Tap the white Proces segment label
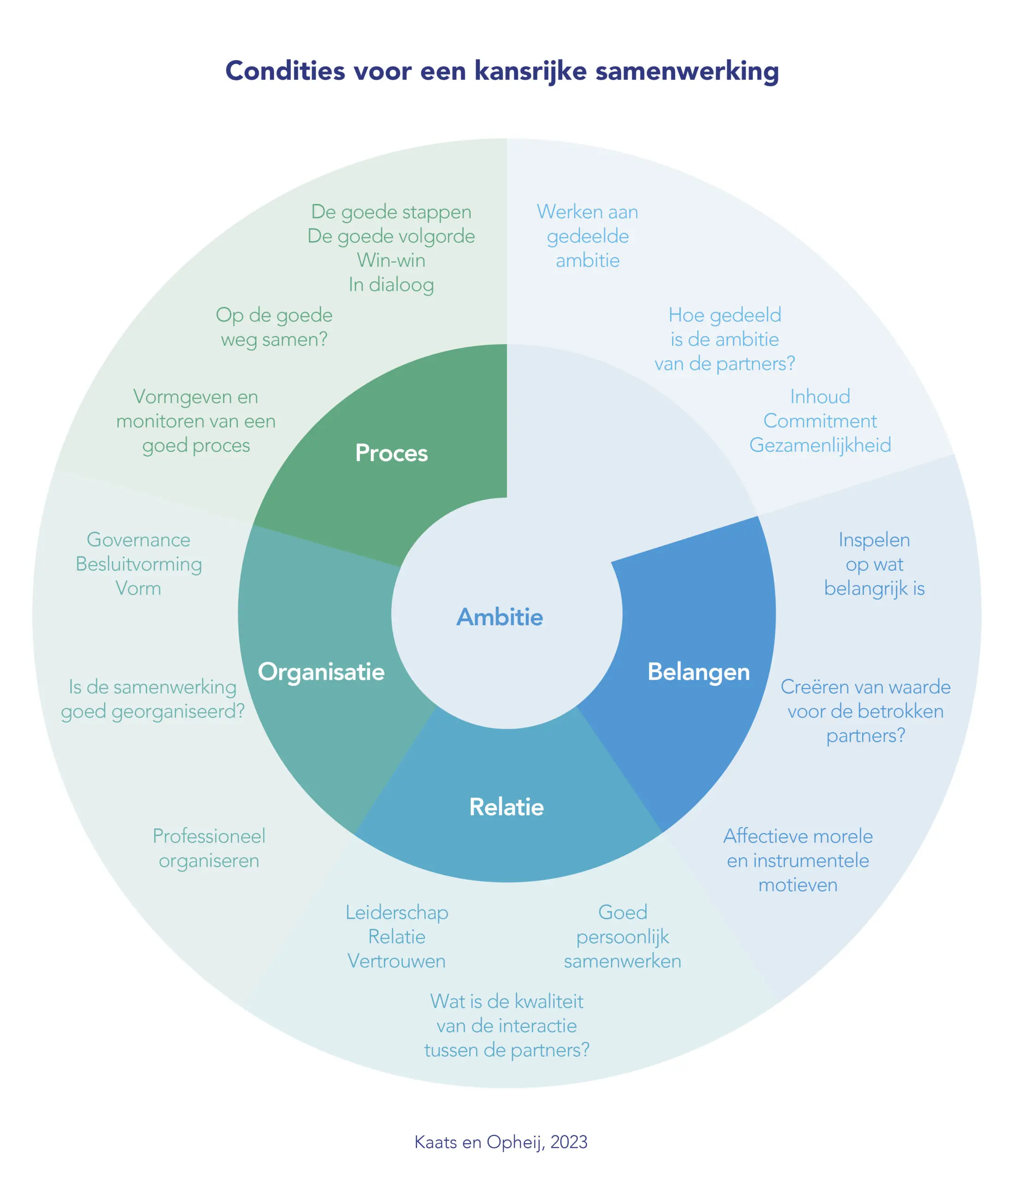pyautogui.click(x=391, y=453)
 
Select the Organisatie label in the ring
pyautogui.click(x=321, y=672)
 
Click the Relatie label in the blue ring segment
pyautogui.click(x=507, y=807)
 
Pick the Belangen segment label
pyautogui.click(x=699, y=672)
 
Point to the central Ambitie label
pyautogui.click(x=500, y=617)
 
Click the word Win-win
pyautogui.click(x=391, y=261)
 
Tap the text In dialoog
pyautogui.click(x=391, y=285)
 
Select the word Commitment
pyautogui.click(x=820, y=422)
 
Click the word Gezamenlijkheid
pyautogui.click(x=820, y=446)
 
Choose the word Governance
pyautogui.click(x=138, y=540)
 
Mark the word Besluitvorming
pyautogui.click(x=138, y=565)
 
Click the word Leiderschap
pyautogui.click(x=396, y=912)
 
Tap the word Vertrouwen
pyautogui.click(x=396, y=961)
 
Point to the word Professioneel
pyautogui.click(x=209, y=836)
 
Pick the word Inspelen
pyautogui.click(x=874, y=540)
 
